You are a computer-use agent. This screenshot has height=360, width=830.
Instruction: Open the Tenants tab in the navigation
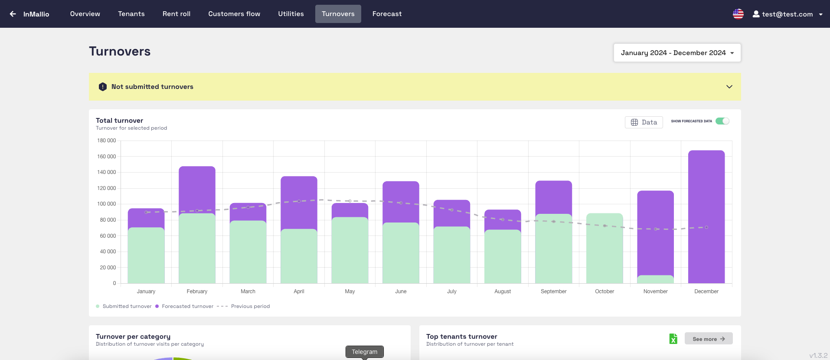click(131, 14)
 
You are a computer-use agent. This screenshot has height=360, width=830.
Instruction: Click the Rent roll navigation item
click(176, 14)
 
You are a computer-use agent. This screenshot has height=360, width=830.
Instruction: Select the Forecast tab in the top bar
click(387, 14)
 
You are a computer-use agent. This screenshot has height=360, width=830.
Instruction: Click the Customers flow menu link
click(234, 14)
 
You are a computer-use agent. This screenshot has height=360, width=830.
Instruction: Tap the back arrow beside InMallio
click(13, 14)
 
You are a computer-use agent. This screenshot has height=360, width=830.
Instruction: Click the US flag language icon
click(738, 14)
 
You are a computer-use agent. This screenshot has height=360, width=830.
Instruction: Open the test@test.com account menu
click(787, 14)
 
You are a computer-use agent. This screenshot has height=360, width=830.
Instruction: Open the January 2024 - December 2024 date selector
click(677, 52)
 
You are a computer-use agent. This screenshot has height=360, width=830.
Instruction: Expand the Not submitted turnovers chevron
click(729, 87)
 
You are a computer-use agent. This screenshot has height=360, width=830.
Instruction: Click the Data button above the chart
click(644, 122)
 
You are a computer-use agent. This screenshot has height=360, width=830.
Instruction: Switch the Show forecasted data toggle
click(722, 121)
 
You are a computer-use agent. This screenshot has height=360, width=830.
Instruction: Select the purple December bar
click(706, 217)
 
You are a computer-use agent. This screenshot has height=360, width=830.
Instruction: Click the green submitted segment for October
click(605, 249)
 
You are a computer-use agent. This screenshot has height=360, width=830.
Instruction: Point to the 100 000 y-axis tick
click(107, 204)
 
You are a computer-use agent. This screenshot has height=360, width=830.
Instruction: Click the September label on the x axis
click(553, 291)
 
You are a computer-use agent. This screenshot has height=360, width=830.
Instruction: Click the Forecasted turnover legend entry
click(187, 306)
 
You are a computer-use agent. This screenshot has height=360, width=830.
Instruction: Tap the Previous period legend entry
click(250, 306)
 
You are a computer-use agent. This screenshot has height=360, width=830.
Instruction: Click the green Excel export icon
click(673, 339)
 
